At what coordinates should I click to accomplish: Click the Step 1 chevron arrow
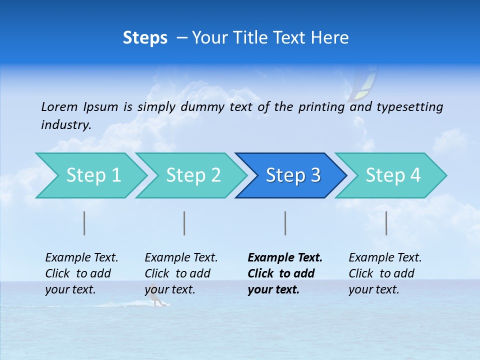pos(93,175)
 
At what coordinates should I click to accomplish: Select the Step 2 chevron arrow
pos(193,175)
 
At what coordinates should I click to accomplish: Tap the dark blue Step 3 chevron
pos(293,175)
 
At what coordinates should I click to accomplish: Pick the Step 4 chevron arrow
pos(393,175)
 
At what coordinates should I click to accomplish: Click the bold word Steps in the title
pos(145,38)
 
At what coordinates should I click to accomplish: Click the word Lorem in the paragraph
pos(59,106)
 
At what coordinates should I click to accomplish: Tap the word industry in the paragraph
pos(65,125)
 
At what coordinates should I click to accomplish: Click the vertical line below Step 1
pos(84,223)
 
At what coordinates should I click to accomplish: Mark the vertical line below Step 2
pos(184,223)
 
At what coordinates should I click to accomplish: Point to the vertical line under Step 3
pos(285,223)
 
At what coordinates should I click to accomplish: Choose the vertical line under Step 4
pos(386,223)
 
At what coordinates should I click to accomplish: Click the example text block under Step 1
pos(81,273)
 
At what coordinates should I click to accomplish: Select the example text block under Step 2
pos(181,273)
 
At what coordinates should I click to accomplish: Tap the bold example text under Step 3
pos(285,273)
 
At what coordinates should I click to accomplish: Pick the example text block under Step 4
pos(385,273)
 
